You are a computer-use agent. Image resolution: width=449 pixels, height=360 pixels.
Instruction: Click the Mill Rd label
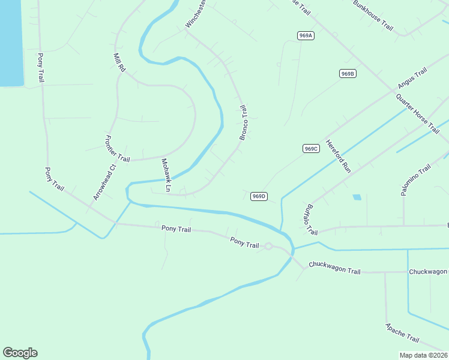(119, 63)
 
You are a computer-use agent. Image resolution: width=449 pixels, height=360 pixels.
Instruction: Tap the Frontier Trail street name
(117, 149)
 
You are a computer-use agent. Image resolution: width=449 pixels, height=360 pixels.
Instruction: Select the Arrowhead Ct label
(103, 182)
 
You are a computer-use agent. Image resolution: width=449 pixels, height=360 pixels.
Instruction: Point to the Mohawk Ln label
(166, 176)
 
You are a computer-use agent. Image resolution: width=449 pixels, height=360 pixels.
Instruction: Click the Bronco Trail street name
(244, 123)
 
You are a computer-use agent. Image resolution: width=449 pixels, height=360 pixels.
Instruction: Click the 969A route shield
(306, 36)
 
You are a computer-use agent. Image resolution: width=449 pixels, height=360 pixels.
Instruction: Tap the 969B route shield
(348, 74)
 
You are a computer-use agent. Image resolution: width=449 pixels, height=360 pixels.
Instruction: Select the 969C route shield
(310, 149)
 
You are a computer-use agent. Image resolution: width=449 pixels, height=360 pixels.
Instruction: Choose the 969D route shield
(259, 196)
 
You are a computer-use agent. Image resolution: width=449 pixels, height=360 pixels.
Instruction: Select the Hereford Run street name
(338, 157)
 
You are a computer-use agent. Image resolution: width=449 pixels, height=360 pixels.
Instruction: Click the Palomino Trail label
(416, 179)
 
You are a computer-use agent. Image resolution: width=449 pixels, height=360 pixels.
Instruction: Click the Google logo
(20, 353)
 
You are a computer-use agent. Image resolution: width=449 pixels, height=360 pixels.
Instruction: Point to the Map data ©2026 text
(424, 355)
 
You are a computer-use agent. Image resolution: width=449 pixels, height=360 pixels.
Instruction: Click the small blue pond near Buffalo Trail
(357, 197)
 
